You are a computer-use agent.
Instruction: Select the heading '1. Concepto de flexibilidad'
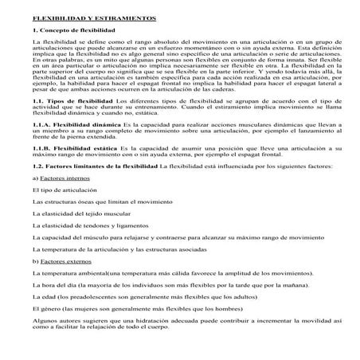(71, 29)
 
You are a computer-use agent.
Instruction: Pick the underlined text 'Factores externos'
(63, 284)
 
